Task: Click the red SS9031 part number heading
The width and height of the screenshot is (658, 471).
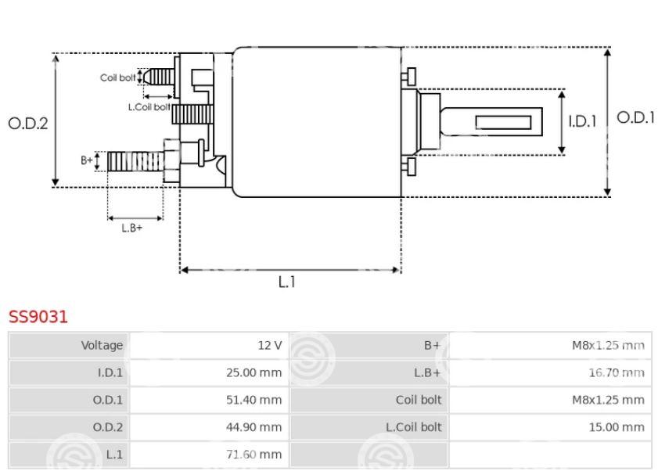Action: coord(38,317)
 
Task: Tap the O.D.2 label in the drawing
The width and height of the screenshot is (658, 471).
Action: coord(28,124)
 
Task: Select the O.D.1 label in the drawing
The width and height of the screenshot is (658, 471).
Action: coord(635,117)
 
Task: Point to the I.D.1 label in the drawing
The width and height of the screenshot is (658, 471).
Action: coord(582,122)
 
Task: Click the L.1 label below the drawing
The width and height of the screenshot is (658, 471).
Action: coord(287,282)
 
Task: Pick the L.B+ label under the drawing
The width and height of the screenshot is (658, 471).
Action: coord(131,228)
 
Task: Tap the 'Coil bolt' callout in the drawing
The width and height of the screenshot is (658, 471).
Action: coord(118,77)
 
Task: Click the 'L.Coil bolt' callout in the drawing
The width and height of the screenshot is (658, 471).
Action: coord(149,107)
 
